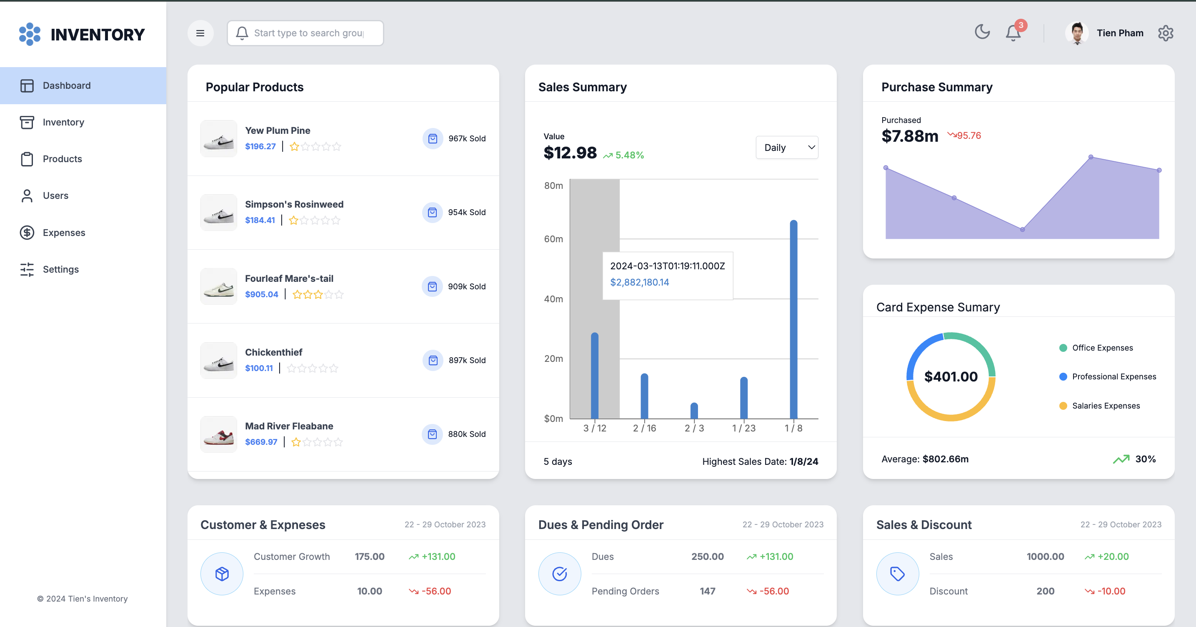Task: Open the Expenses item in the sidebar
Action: coord(64,232)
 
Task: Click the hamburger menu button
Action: coord(200,33)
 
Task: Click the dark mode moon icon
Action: coord(982,32)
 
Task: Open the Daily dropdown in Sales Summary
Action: coord(787,148)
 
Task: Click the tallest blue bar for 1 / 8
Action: coord(793,319)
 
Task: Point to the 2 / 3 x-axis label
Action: coord(694,428)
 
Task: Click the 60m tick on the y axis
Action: coord(553,239)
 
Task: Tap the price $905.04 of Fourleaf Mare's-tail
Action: coord(261,294)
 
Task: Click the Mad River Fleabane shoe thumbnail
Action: coord(219,434)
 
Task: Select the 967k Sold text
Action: coord(467,138)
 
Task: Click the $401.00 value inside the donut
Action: coord(951,377)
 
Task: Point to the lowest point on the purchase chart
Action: coord(1022,229)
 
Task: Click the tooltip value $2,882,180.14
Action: coord(639,282)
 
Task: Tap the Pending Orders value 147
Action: coord(707,591)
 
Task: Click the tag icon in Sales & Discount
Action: coord(897,574)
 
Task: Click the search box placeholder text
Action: coord(309,33)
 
